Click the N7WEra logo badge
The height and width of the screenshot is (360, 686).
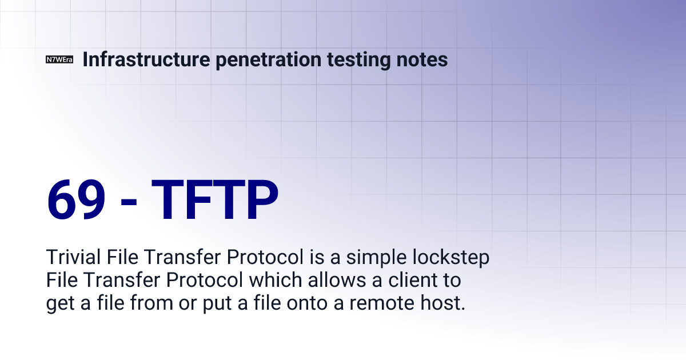coord(59,60)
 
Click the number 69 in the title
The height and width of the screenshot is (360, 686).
coord(76,200)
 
